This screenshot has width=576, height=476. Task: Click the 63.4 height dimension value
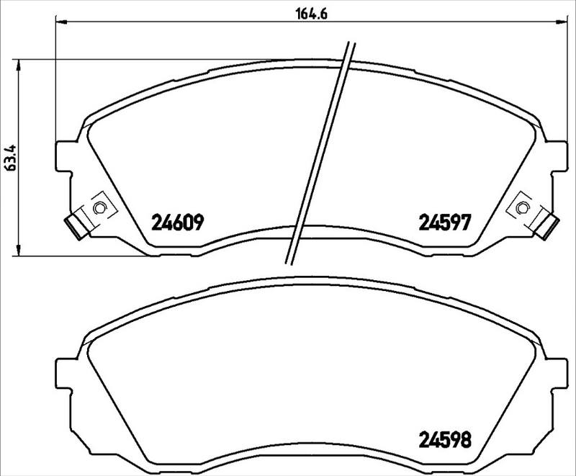(x=9, y=156)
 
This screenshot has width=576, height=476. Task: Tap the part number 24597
(x=444, y=223)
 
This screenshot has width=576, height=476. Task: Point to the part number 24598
(x=446, y=439)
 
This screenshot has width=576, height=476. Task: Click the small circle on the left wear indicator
(x=99, y=208)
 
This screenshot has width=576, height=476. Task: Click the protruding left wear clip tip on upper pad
(x=75, y=225)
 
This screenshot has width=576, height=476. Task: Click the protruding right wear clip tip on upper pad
(x=546, y=225)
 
